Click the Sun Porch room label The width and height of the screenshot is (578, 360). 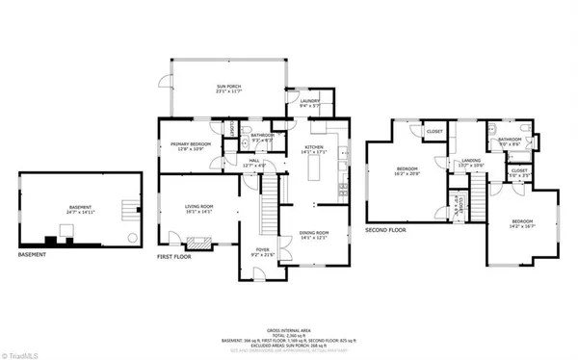click(x=228, y=89)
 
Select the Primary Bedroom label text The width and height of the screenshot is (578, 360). click(x=183, y=146)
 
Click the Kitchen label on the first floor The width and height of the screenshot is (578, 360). click(x=315, y=149)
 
